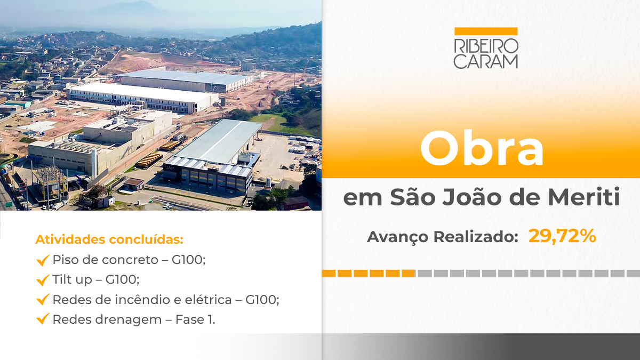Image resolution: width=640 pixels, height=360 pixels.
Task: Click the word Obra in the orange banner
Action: (x=482, y=148)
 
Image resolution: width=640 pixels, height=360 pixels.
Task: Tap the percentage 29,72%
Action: (x=562, y=236)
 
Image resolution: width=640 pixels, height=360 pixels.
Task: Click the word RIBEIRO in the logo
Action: (x=486, y=46)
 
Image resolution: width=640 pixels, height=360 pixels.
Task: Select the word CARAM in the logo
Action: (x=486, y=61)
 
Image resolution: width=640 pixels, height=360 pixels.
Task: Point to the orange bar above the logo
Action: (x=486, y=31)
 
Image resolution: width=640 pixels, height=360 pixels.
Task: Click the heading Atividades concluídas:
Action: (x=109, y=239)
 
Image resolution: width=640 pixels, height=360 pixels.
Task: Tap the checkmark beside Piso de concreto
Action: (x=43, y=260)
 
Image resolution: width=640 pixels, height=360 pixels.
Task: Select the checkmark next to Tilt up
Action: (x=43, y=280)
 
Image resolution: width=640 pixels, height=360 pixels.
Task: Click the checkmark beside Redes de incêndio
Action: (x=43, y=299)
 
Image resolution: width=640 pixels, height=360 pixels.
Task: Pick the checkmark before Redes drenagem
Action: (x=43, y=319)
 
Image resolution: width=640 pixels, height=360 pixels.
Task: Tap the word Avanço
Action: (x=398, y=237)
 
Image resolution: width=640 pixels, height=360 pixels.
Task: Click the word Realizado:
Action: (x=476, y=237)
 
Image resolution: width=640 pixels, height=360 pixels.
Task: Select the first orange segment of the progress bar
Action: (x=329, y=274)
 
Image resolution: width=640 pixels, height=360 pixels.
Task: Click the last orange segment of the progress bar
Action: (x=409, y=274)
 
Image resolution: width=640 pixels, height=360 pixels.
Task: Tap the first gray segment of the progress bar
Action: (x=425, y=274)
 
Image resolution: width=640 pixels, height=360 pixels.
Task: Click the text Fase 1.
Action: (x=195, y=319)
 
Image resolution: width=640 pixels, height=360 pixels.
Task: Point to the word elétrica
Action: (x=209, y=300)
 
